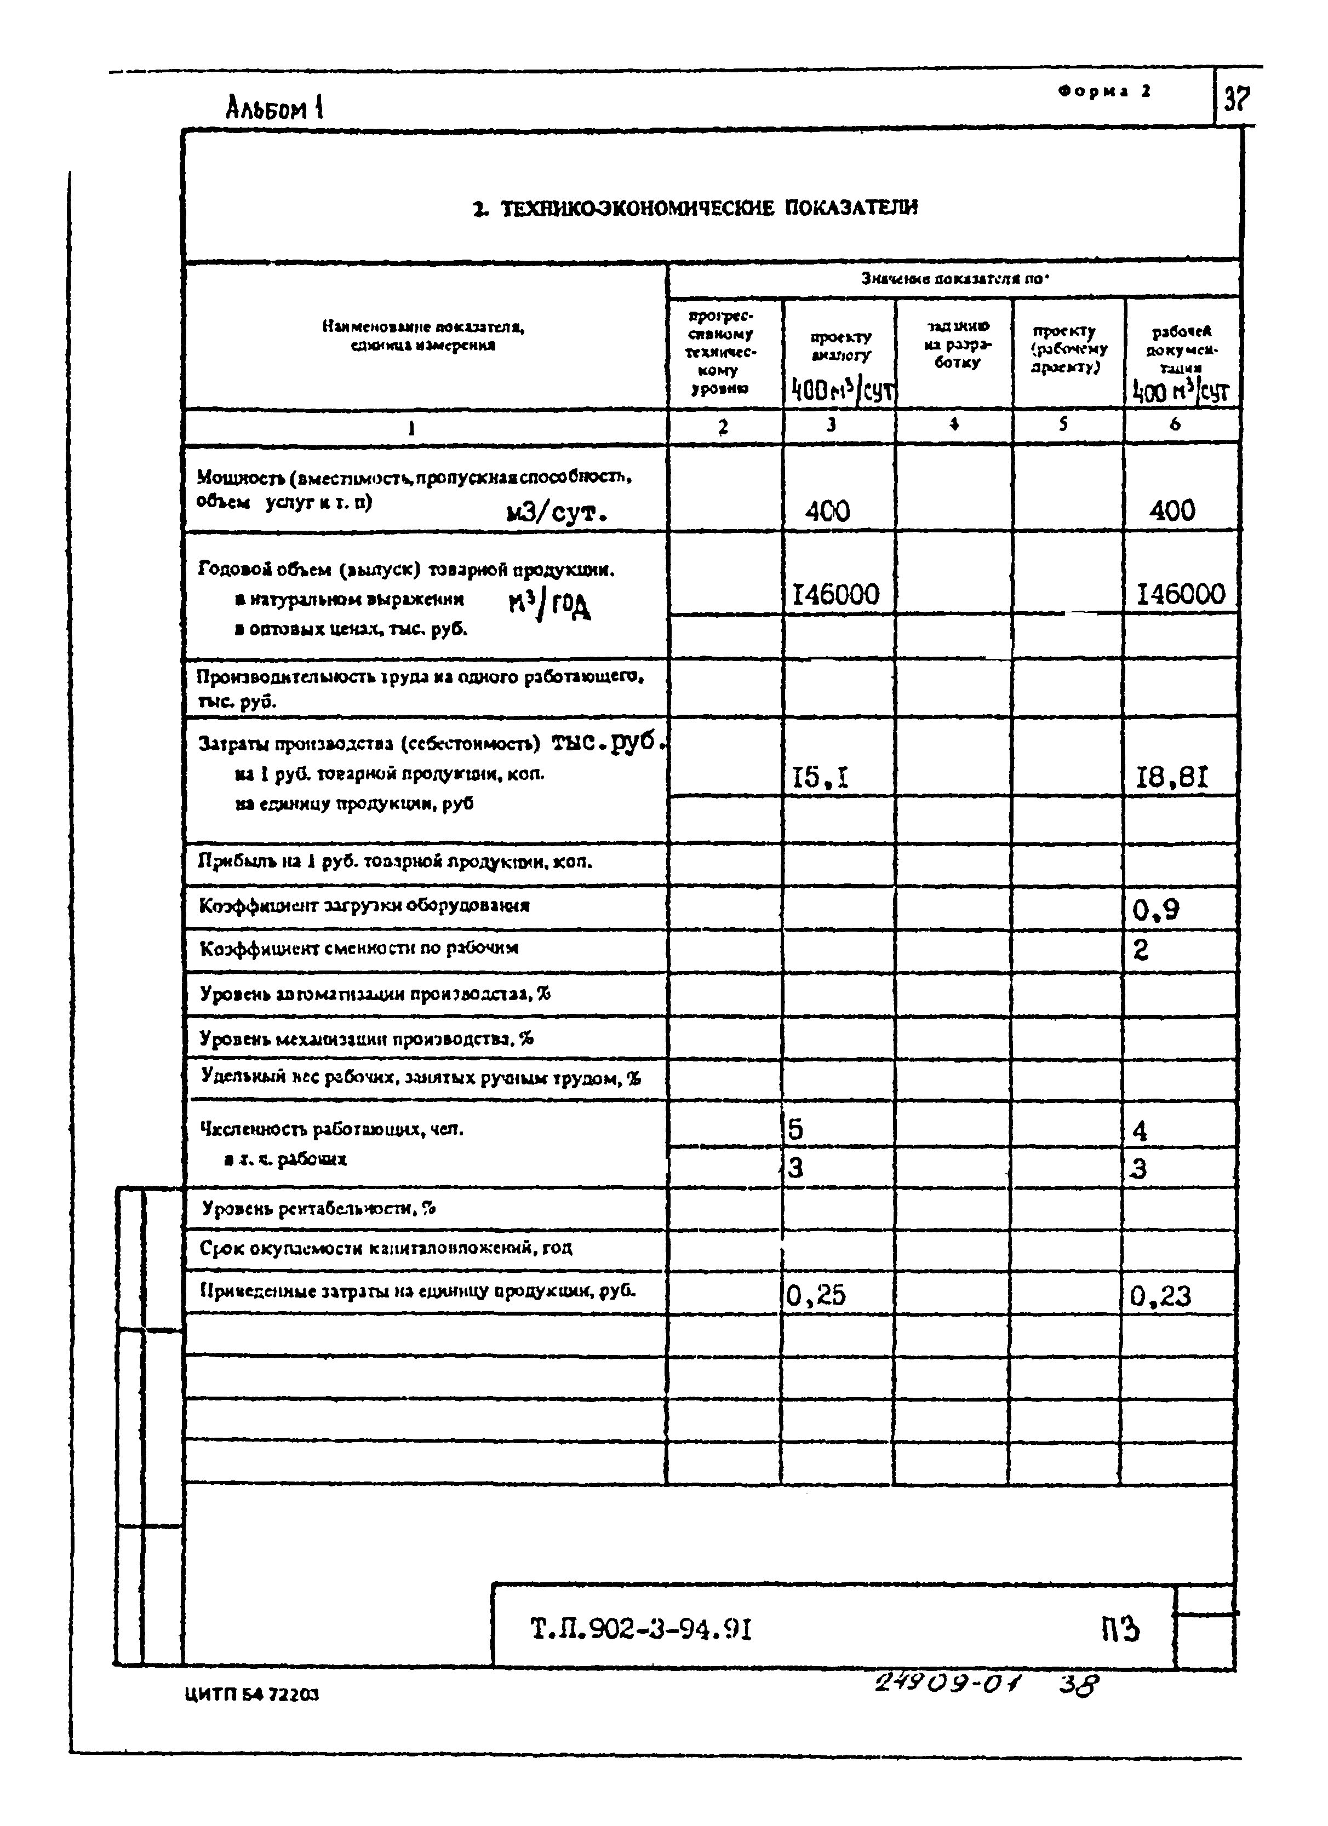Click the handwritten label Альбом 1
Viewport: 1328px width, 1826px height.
274,108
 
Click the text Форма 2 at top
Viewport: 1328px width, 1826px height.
1105,91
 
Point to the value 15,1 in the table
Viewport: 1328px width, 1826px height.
821,778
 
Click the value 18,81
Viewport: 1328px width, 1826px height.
1172,778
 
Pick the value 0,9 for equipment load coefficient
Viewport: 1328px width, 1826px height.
1155,910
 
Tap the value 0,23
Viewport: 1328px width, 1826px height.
1160,1295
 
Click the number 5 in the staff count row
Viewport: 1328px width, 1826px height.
795,1129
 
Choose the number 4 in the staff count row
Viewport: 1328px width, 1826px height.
1140,1131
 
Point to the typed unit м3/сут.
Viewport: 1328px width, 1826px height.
555,512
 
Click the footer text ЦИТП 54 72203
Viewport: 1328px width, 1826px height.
251,1695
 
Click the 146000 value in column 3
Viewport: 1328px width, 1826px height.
836,595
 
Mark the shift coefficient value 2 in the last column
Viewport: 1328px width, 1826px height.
1140,951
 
